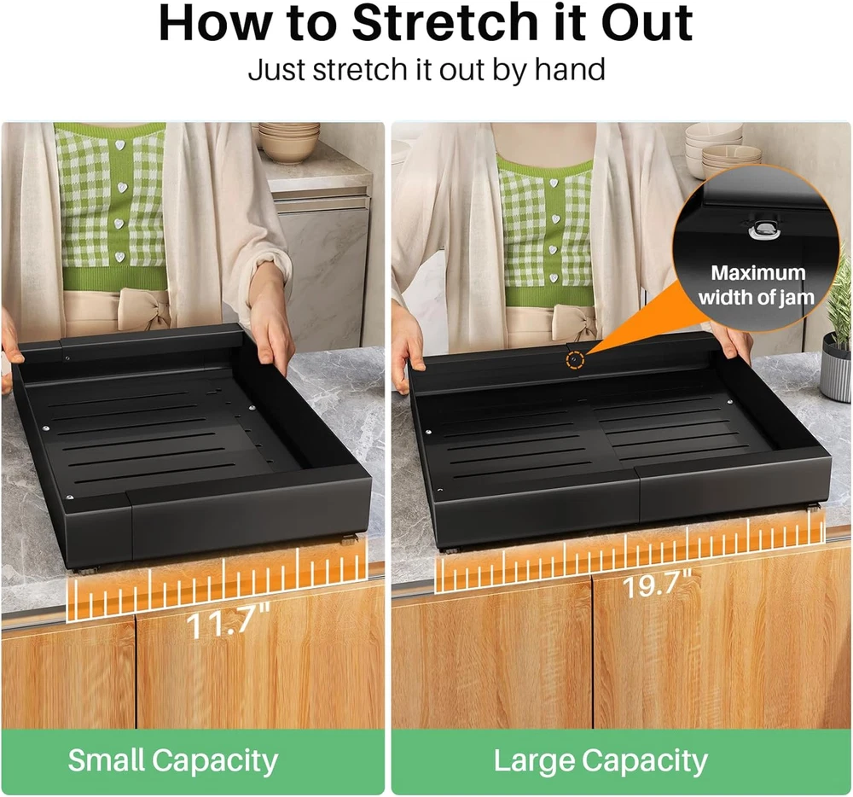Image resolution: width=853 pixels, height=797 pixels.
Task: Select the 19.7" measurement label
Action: pyautogui.click(x=656, y=584)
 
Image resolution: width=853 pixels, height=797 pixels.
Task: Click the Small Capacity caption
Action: pyautogui.click(x=172, y=759)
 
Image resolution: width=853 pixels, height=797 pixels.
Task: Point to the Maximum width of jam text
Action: pyautogui.click(x=757, y=285)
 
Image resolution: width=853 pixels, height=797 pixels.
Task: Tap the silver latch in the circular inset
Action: pyautogui.click(x=763, y=231)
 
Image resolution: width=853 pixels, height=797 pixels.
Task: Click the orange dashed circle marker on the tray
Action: pyautogui.click(x=574, y=361)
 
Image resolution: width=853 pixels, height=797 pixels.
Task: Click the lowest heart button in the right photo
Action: pyautogui.click(x=554, y=278)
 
